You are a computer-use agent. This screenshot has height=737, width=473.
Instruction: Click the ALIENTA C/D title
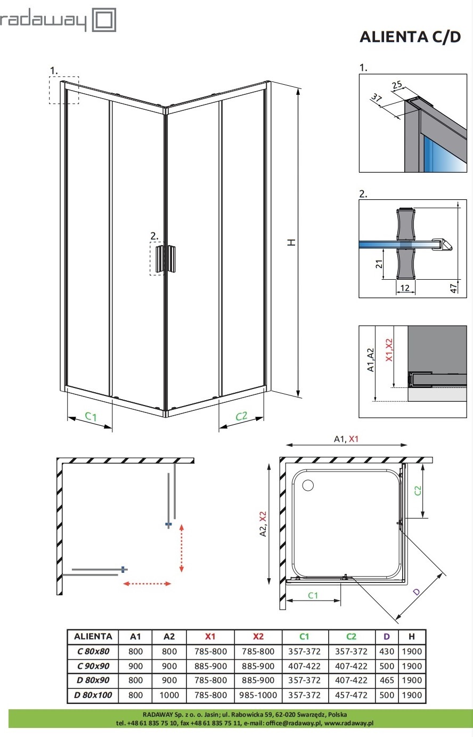point(410,37)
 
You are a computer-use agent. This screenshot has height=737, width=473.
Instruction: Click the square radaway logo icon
point(104,21)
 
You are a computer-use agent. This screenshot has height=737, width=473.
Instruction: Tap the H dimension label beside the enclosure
point(291,241)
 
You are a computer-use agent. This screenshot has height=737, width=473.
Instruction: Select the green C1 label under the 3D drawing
point(91,416)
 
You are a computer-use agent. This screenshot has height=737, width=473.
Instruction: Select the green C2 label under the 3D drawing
point(241,416)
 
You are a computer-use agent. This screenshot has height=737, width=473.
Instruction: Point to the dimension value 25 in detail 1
point(397,85)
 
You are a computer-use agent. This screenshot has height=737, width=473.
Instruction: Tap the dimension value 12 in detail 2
point(405,288)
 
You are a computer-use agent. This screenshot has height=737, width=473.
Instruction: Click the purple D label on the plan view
point(416,592)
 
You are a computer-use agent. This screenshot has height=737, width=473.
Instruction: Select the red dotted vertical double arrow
point(182,548)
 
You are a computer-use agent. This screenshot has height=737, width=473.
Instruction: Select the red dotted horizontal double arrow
point(148,584)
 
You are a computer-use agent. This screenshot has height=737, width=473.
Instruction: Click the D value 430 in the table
point(387,651)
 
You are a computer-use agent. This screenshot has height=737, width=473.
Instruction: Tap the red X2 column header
point(258,636)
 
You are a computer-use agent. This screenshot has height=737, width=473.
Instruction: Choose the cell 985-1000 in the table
point(258,695)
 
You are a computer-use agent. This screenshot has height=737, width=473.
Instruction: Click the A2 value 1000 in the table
point(169,695)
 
